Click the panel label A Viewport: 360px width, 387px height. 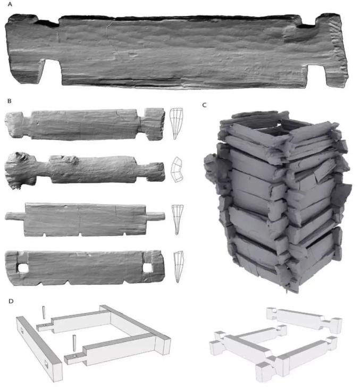coord(10,4)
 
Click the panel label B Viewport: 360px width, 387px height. coord(10,101)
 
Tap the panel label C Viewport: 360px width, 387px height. coord(204,105)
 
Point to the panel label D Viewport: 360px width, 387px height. coord(11,301)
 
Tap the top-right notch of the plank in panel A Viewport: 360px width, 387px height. coord(308,21)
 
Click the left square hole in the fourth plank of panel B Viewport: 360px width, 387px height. coord(23,268)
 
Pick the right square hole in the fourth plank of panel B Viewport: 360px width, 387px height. coord(147,267)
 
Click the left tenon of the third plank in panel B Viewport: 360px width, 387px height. coord(15,216)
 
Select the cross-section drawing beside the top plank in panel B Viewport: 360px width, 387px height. coord(176,123)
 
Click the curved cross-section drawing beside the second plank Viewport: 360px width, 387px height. coord(177,170)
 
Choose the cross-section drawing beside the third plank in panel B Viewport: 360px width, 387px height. coord(177,220)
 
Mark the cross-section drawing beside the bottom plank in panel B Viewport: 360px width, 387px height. coord(178,267)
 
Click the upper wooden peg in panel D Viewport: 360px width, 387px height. coord(44,313)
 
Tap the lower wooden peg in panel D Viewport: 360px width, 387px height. coord(74,343)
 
